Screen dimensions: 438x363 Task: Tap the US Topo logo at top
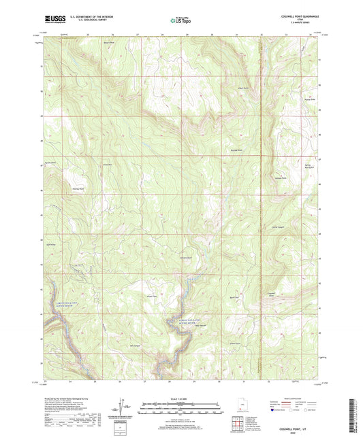[x=180, y=20]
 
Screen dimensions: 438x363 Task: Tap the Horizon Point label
[x=279, y=178]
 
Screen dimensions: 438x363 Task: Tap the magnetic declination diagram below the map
[x=121, y=409]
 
